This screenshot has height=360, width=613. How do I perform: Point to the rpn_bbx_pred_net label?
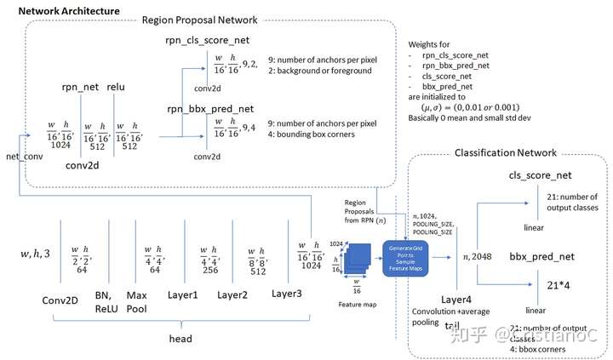pyautogui.click(x=209, y=107)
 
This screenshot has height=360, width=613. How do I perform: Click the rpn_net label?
pyautogui.click(x=79, y=87)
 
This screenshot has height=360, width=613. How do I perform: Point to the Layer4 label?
pyautogui.click(x=457, y=300)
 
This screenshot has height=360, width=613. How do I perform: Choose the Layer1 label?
pyautogui.click(x=183, y=294)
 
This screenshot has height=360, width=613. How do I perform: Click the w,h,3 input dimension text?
pyautogui.click(x=36, y=254)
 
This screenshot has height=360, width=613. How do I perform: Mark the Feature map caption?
pyautogui.click(x=358, y=302)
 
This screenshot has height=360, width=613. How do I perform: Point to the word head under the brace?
pyautogui.click(x=180, y=338)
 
